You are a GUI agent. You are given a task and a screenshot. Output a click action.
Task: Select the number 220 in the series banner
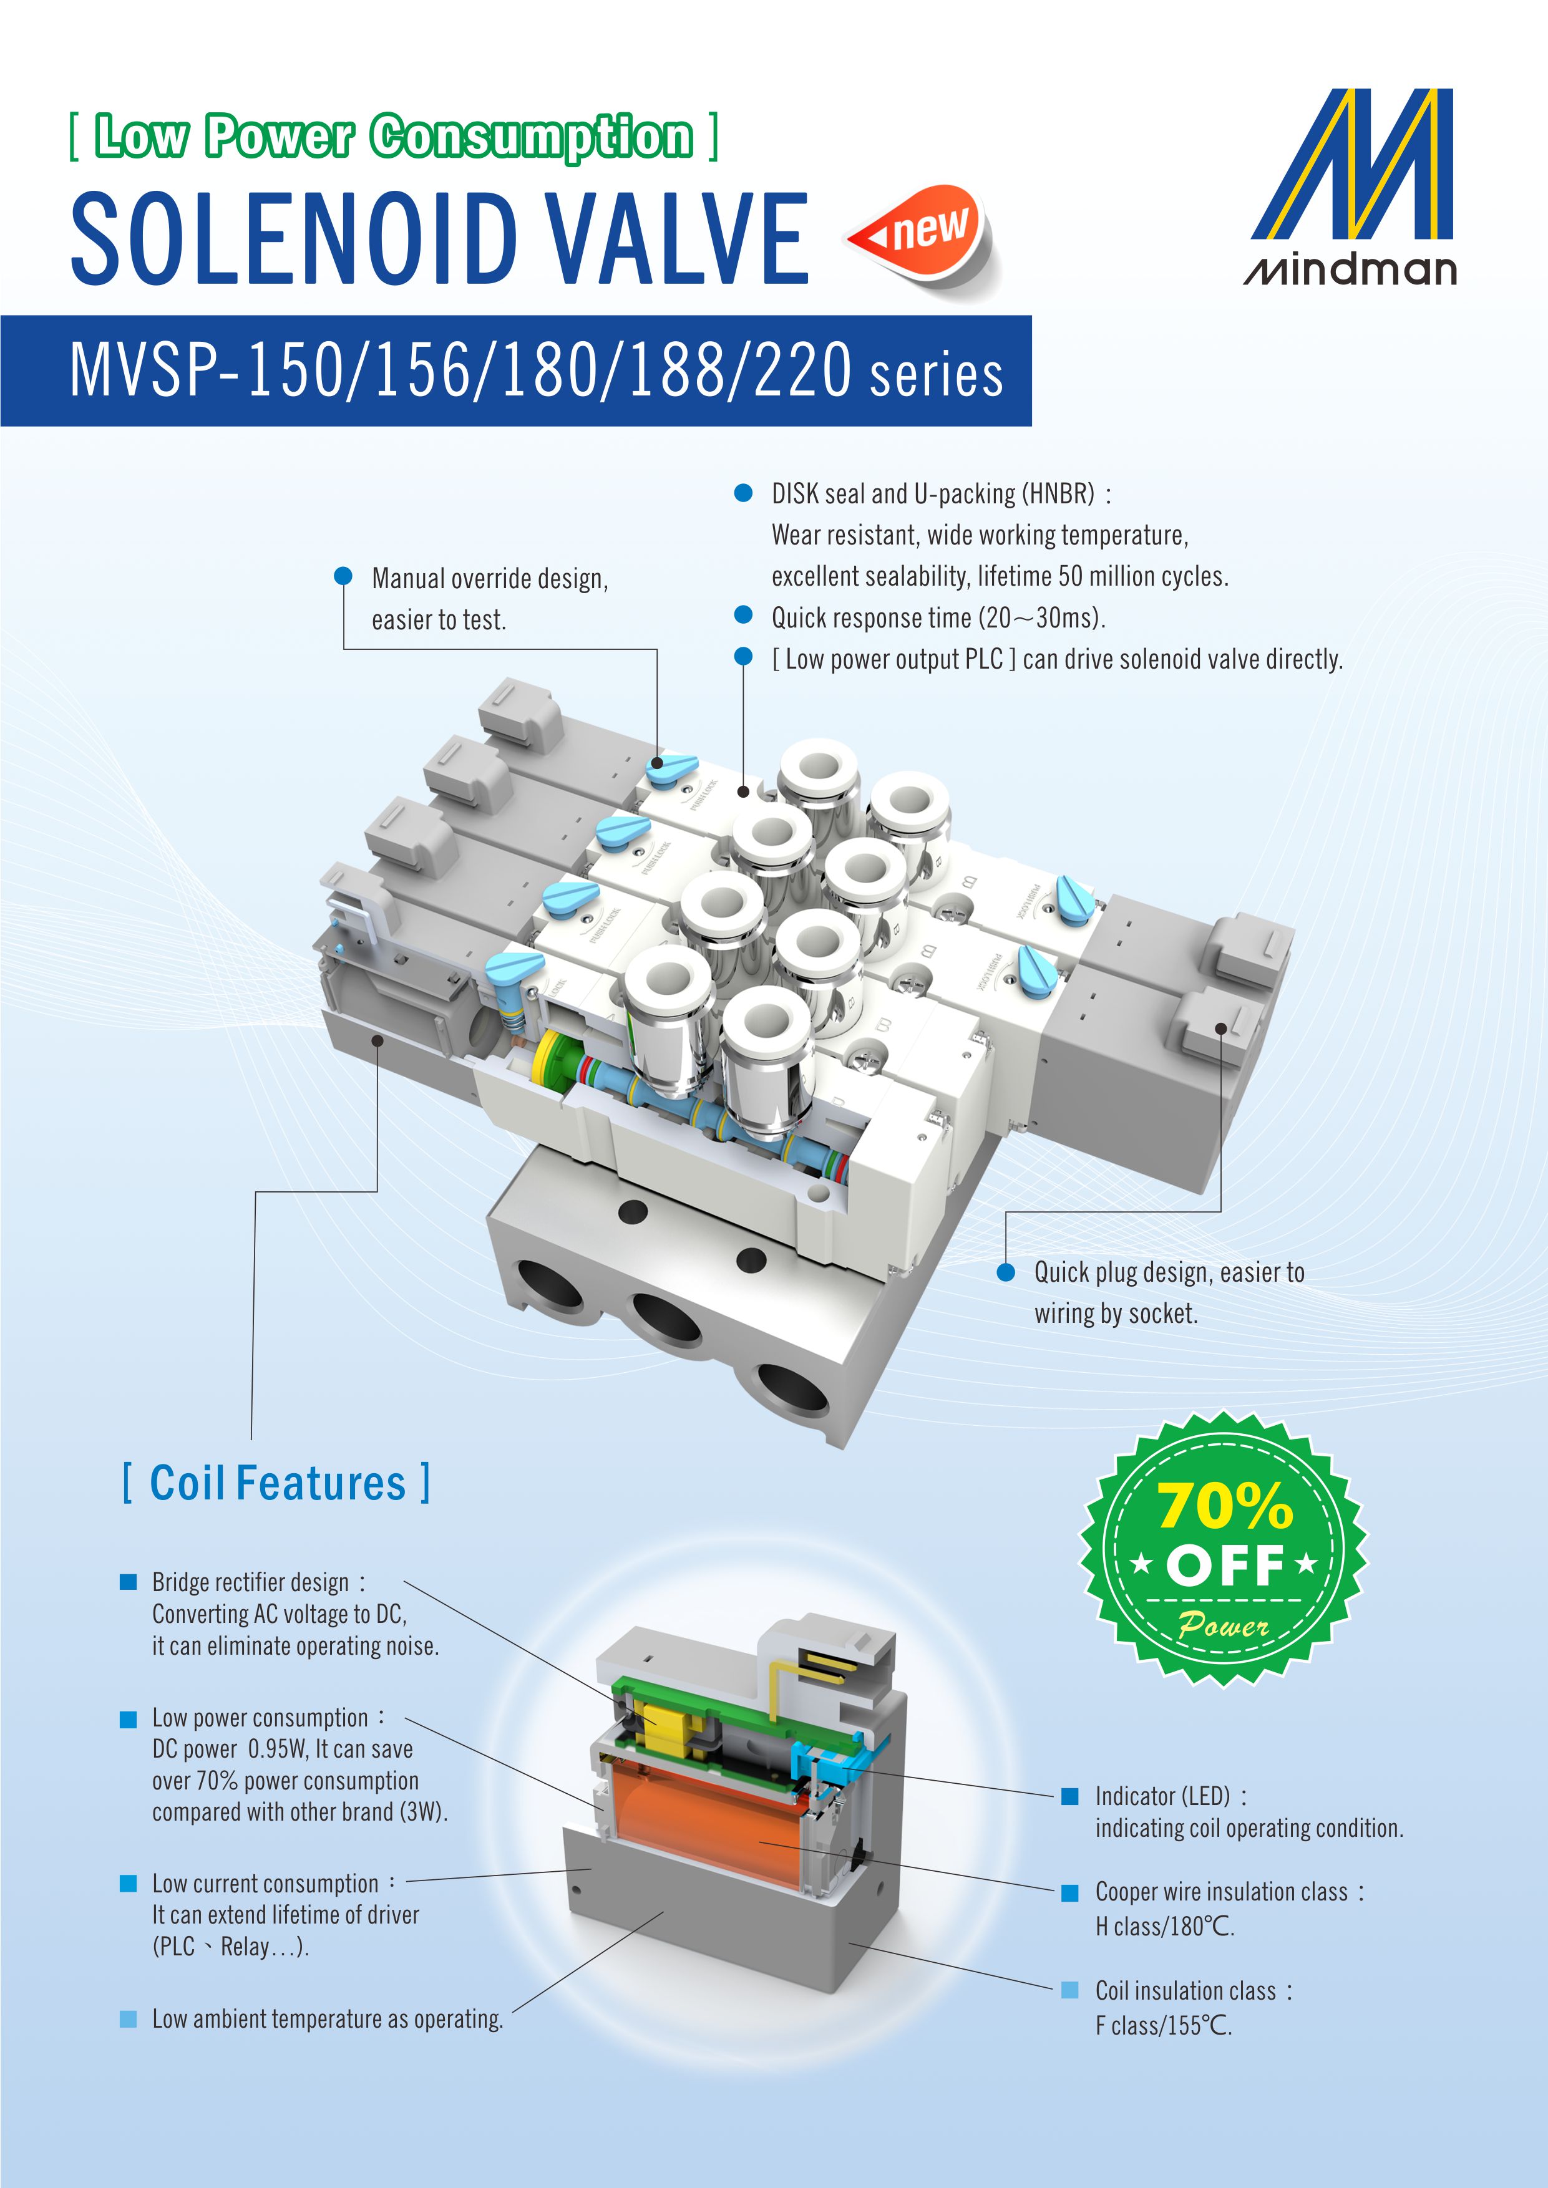[802, 372]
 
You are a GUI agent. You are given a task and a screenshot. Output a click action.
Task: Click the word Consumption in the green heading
[531, 136]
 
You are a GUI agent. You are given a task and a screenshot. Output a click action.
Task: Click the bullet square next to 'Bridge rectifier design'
[128, 1582]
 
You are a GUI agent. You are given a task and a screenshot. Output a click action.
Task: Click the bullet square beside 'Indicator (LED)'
[1069, 1796]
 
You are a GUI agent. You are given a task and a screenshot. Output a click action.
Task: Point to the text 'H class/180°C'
[1164, 1927]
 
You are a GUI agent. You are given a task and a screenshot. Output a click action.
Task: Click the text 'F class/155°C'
[1163, 2026]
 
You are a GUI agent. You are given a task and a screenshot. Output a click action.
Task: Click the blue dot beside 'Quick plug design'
[1005, 1273]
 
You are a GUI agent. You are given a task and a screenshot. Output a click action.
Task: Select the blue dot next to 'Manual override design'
[343, 576]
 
